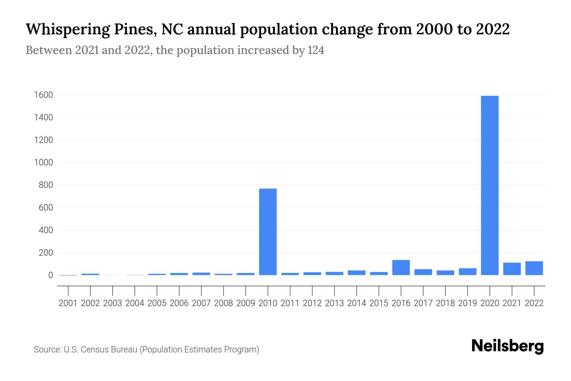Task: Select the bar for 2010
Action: coord(268,232)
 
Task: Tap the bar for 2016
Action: coord(401,267)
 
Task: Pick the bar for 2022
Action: coord(534,268)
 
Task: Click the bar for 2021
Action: coord(512,269)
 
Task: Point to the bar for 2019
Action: coord(467,271)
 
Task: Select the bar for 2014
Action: coord(357,273)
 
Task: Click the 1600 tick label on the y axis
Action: coord(44,95)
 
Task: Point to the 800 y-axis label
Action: coord(46,185)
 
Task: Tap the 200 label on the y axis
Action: coord(46,253)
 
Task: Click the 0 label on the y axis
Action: coord(50,275)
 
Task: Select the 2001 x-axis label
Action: coord(68,303)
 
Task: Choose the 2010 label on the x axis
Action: coord(268,303)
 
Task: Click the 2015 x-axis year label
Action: coord(379,303)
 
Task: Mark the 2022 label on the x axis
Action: coord(534,303)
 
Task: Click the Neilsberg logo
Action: coord(508,346)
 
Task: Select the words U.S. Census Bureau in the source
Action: coord(101,350)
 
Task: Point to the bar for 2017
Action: coord(423,272)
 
